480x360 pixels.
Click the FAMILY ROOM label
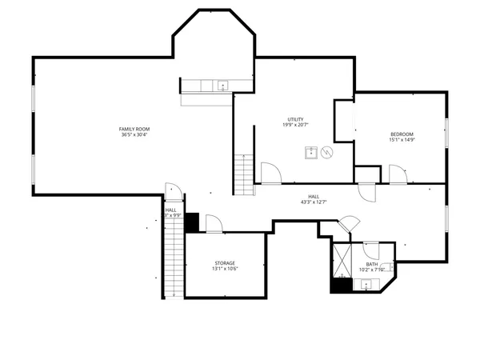[x=134, y=129]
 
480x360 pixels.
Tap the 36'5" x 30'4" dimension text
[x=134, y=134]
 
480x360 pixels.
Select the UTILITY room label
[x=294, y=119]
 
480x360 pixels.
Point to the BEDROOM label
[x=402, y=134]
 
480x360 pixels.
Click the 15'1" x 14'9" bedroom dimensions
[x=402, y=139]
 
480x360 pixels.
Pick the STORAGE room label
[x=225, y=262]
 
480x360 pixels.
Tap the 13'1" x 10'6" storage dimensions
[x=225, y=268]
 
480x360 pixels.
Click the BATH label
[x=372, y=264]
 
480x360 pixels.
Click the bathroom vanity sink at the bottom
[x=366, y=283]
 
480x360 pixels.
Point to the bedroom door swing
[x=398, y=173]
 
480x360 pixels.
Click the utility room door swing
[x=270, y=171]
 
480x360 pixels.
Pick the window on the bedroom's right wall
[x=445, y=132]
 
